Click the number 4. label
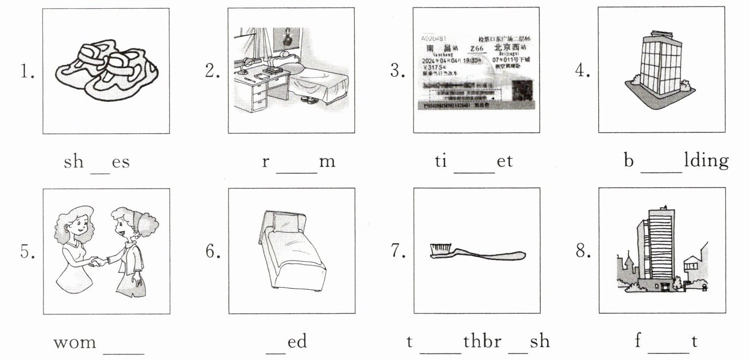583,71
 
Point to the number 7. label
398,251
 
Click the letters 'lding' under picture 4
705,162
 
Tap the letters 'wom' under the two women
75,342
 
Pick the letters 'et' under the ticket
504,162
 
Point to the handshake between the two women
98,263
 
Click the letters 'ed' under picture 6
297,342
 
